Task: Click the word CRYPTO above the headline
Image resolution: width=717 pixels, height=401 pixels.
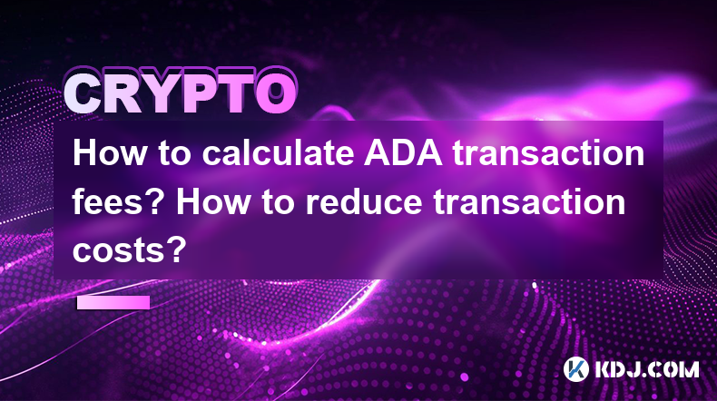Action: point(181,93)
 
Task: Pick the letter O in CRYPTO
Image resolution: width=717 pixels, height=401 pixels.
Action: point(276,93)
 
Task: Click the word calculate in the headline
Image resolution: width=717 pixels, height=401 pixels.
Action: point(278,152)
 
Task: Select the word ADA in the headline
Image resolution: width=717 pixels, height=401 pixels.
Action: point(403,153)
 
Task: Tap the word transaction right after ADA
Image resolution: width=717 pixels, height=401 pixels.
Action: point(549,153)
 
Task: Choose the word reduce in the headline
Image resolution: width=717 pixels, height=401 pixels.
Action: point(363,201)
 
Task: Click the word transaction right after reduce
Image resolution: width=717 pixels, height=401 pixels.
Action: point(529,201)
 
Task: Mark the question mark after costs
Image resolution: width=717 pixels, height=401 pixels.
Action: point(177,249)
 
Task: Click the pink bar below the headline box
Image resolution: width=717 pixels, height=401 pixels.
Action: point(113,303)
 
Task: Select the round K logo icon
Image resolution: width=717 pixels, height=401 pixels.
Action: point(575,368)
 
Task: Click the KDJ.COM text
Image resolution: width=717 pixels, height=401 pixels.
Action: point(646,369)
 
